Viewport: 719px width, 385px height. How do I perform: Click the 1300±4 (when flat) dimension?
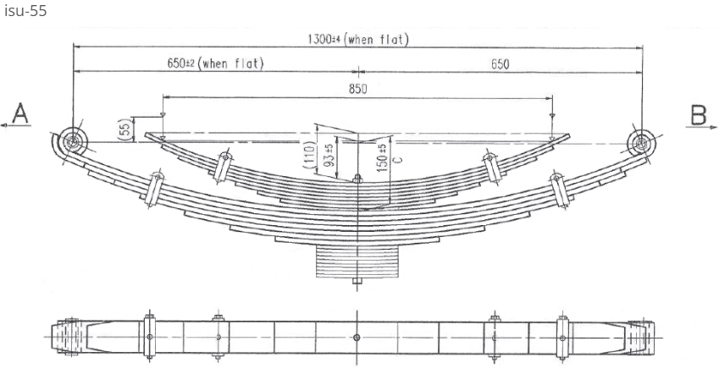359,40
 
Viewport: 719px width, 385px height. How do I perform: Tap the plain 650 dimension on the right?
500,64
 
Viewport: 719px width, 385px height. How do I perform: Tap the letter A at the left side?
21,114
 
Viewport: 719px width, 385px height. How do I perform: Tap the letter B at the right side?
699,114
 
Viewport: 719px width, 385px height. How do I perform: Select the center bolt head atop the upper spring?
357,178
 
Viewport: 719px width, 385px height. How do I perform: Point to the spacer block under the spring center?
357,258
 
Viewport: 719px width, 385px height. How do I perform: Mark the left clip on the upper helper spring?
223,165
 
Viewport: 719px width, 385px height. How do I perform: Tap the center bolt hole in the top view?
357,337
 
